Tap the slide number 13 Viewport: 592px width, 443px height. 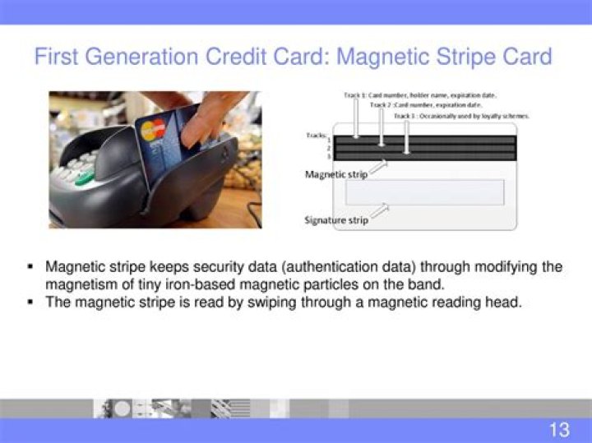coord(559,429)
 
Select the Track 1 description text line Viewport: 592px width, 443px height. coord(419,95)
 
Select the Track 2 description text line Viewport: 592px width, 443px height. coord(426,105)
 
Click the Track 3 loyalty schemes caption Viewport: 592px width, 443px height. coord(461,116)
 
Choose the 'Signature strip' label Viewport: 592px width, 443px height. coord(336,220)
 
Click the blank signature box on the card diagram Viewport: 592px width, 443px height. coord(424,192)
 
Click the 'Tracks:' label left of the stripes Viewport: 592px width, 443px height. coord(316,134)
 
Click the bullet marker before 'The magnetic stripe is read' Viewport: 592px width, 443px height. coord(30,302)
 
